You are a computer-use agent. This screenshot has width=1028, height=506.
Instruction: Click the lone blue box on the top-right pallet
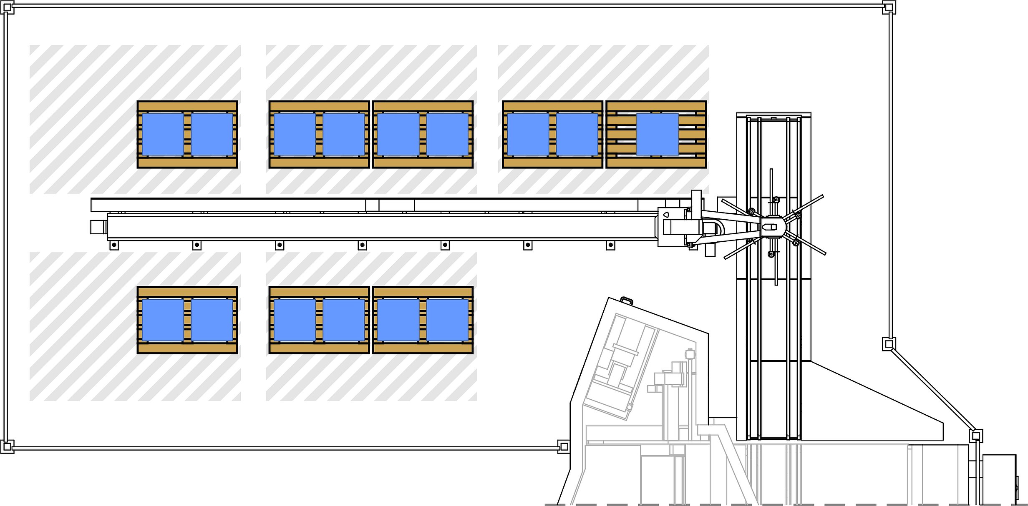tap(658, 134)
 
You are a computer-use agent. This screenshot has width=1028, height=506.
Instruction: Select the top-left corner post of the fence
tap(8, 8)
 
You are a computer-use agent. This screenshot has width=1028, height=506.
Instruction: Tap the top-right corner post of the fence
tap(889, 8)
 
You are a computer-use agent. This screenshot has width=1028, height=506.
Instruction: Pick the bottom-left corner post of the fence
tap(7, 446)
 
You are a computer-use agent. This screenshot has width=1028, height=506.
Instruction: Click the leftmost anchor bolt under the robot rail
tap(114, 245)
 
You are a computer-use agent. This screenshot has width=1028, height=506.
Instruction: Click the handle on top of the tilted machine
tap(626, 300)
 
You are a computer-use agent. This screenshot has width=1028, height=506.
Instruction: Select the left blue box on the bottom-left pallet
tap(163, 320)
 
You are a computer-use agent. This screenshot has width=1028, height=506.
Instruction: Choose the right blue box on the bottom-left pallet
tap(212, 320)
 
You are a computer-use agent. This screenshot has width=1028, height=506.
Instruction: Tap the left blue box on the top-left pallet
tap(163, 134)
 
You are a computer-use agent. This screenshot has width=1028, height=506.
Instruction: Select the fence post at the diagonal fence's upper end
tap(888, 344)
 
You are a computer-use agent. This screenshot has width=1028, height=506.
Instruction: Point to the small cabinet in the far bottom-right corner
tap(999, 479)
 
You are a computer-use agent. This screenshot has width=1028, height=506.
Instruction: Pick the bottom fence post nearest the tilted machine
tap(564, 446)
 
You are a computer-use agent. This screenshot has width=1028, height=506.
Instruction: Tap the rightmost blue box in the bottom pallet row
tap(447, 320)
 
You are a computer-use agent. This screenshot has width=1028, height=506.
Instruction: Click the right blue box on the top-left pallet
tap(212, 134)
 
